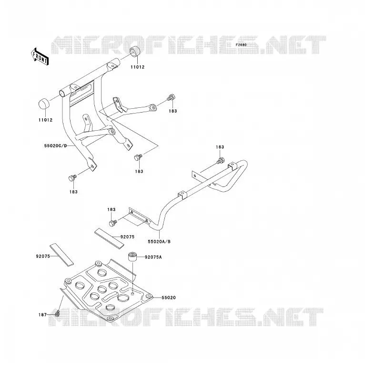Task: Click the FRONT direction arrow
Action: tap(40, 57)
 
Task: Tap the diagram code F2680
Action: tap(241, 45)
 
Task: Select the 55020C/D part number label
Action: tap(56, 145)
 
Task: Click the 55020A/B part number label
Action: tap(159, 242)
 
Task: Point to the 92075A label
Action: tap(153, 257)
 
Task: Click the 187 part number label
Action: tap(42, 315)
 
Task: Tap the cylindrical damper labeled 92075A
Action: tap(132, 257)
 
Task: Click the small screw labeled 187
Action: tap(57, 314)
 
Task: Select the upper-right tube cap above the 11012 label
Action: tap(135, 52)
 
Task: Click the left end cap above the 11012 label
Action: tap(44, 104)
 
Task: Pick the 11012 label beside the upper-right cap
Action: tap(137, 67)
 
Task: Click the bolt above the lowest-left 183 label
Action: tap(72, 178)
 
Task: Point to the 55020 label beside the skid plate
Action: tap(169, 298)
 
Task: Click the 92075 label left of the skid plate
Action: tap(43, 256)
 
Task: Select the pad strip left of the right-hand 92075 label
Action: tap(109, 238)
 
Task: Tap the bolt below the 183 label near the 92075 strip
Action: tap(113, 223)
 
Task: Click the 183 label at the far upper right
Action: tap(220, 147)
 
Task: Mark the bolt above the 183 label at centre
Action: tap(138, 157)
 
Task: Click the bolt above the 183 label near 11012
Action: tap(172, 97)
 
